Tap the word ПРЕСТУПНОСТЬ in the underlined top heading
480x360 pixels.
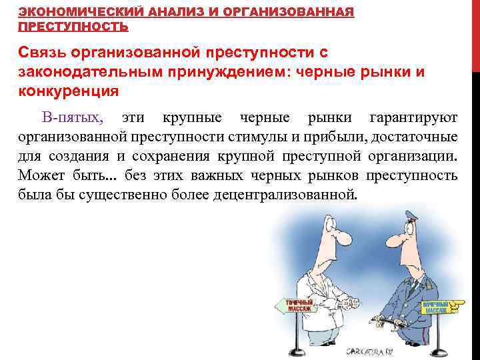pos(73,27)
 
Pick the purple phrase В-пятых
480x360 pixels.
pos(72,119)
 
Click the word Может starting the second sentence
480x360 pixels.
pos(41,176)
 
